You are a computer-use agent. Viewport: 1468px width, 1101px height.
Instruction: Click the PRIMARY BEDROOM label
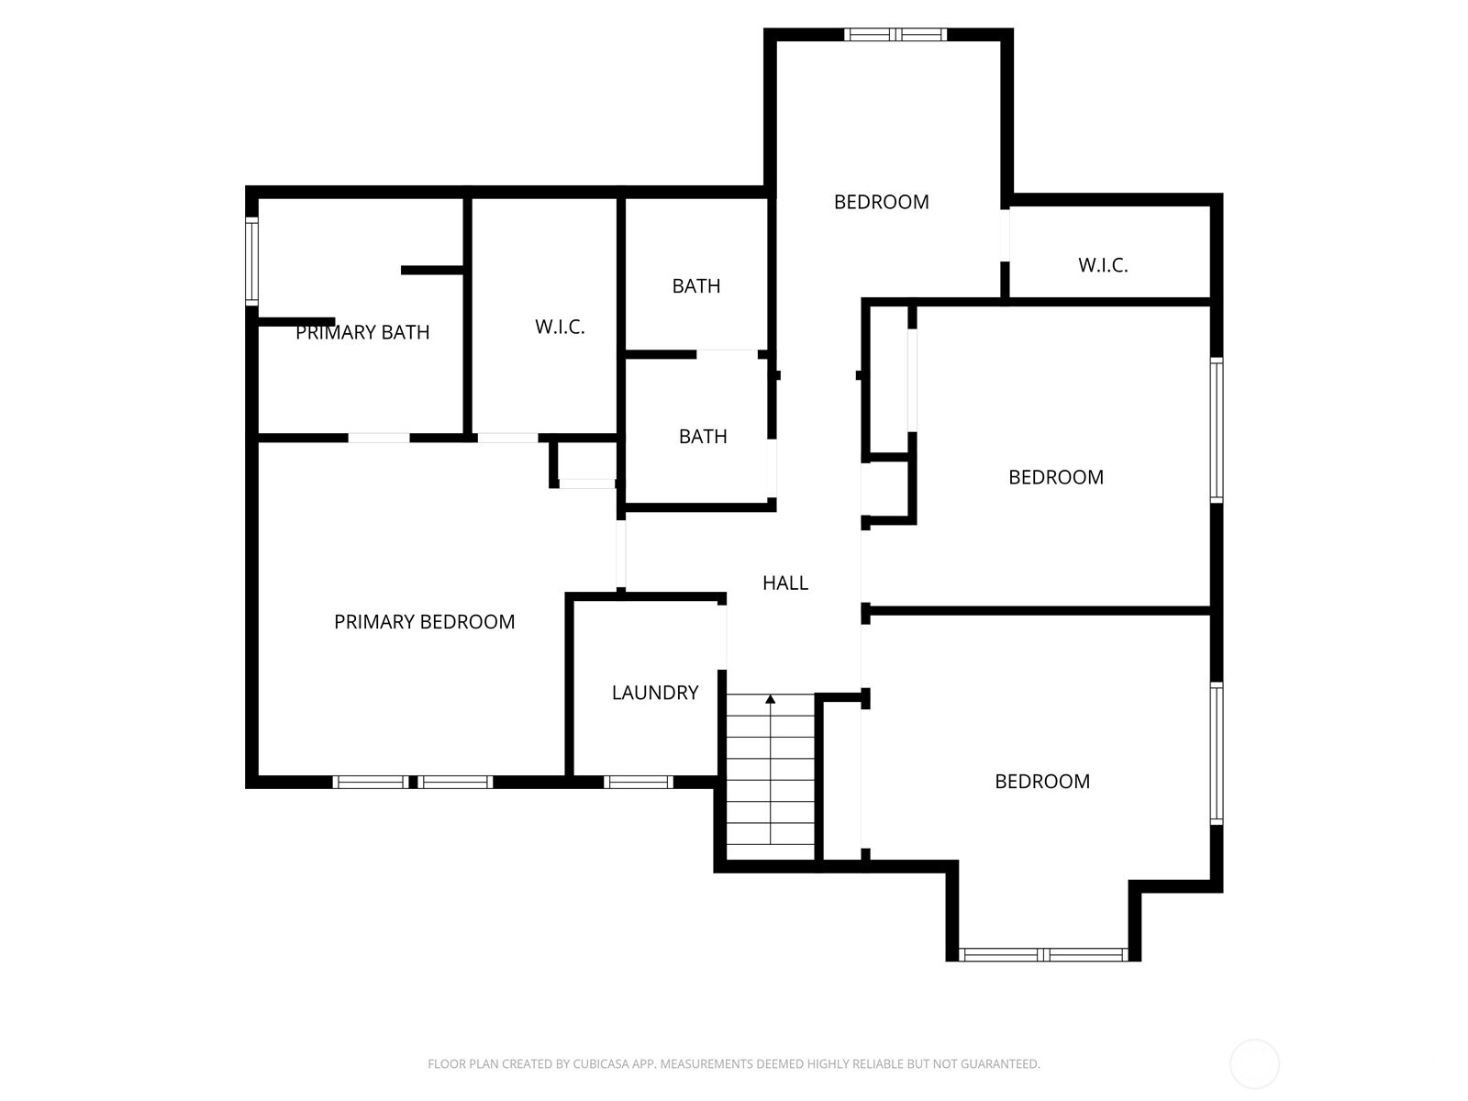pos(424,622)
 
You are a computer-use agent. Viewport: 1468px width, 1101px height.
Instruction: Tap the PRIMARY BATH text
pos(362,332)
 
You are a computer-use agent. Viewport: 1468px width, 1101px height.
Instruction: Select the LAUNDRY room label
pos(655,693)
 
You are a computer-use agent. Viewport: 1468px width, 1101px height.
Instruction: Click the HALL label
pos(785,583)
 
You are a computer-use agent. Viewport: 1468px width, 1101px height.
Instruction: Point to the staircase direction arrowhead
pos(771,700)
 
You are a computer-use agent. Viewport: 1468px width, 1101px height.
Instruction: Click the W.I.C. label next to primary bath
pos(560,327)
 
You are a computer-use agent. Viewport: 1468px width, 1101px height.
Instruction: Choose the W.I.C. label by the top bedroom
pos(1103,265)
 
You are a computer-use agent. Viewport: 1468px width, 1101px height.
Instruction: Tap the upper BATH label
pos(696,286)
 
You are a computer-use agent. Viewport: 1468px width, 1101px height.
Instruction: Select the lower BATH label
pos(703,437)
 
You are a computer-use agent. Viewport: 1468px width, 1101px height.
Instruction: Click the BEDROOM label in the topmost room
pos(881,202)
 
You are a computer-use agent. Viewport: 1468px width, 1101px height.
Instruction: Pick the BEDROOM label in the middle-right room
pos(1055,477)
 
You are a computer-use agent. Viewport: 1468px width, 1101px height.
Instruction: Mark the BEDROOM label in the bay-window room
pos(1042,782)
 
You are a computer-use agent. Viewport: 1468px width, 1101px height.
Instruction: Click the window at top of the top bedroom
pos(895,35)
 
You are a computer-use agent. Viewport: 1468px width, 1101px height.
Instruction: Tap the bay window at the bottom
pos(1043,954)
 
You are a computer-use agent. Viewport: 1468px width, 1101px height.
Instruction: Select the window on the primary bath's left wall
pos(251,260)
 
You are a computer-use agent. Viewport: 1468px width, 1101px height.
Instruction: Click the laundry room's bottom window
pos(639,783)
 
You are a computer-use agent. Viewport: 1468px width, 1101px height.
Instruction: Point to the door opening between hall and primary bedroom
pos(621,553)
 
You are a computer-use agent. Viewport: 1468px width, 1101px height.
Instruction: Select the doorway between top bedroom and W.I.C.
pos(1005,235)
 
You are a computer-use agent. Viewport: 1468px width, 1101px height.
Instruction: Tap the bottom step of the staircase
pos(771,834)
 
